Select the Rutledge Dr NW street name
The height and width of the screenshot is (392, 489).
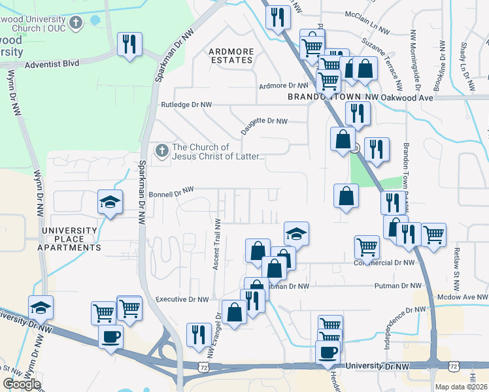pyautogui.click(x=186, y=105)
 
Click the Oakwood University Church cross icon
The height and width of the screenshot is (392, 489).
pyautogui.click(x=76, y=24)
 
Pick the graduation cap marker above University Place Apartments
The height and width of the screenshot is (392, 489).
pyautogui.click(x=110, y=201)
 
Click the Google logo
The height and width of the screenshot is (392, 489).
pyautogui.click(x=22, y=384)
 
